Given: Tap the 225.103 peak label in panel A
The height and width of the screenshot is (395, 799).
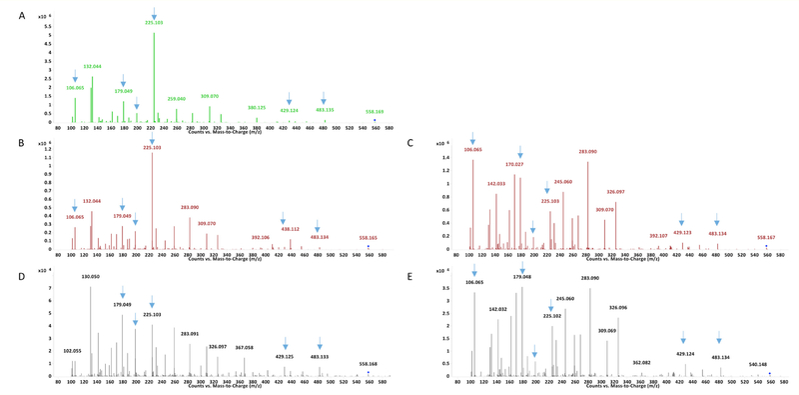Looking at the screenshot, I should [154, 21].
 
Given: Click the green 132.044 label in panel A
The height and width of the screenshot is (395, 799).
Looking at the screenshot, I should [93, 66].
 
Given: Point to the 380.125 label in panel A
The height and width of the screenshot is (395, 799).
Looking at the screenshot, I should [257, 107].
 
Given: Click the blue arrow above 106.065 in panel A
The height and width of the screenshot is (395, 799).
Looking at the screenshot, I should [75, 76].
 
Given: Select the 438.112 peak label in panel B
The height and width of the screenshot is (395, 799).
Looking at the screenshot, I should [291, 229].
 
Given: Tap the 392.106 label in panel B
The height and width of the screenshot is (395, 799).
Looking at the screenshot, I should [261, 237].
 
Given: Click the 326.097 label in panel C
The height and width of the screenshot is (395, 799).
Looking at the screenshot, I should [615, 192].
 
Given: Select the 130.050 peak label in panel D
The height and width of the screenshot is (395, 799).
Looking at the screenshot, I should [91, 277].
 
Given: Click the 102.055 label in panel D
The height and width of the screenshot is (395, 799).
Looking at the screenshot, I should [72, 351].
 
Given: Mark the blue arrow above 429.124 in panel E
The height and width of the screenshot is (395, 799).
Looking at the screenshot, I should [683, 338].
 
